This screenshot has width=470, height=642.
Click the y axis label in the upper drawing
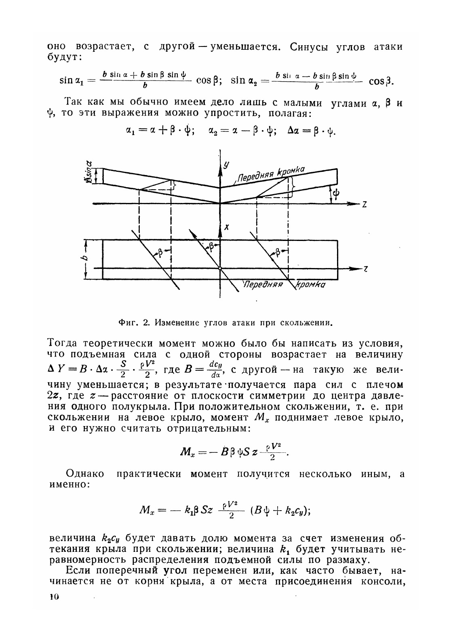tap(226, 164)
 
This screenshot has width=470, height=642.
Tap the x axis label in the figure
tap(227, 228)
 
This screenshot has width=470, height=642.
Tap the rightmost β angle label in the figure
tap(278, 252)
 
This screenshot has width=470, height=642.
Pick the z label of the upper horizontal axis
tap(365, 205)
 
